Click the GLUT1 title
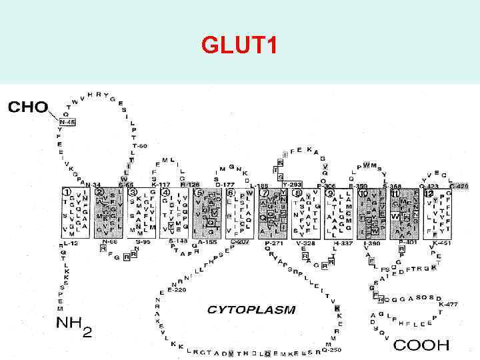click(x=239, y=46)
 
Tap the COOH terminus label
click(x=421, y=345)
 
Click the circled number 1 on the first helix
click(x=67, y=193)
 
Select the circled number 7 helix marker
click(x=265, y=193)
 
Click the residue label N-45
click(x=67, y=122)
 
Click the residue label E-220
click(x=179, y=289)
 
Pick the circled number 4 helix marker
click(x=165, y=193)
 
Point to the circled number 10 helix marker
click(x=363, y=193)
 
